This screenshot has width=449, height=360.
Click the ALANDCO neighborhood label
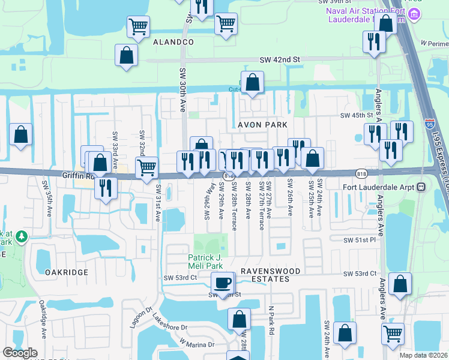click(173, 42)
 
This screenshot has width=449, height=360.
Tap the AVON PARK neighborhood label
click(263, 125)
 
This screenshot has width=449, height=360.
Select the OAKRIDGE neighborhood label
click(67, 272)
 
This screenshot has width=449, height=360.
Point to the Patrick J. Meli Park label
click(205, 262)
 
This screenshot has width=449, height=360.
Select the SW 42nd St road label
click(279, 60)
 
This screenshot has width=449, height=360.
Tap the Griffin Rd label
click(79, 176)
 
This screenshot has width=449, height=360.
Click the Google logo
click(20, 353)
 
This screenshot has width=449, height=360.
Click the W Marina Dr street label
click(197, 344)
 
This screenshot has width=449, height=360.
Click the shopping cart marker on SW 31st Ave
click(146, 167)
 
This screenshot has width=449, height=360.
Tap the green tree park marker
click(22, 237)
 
